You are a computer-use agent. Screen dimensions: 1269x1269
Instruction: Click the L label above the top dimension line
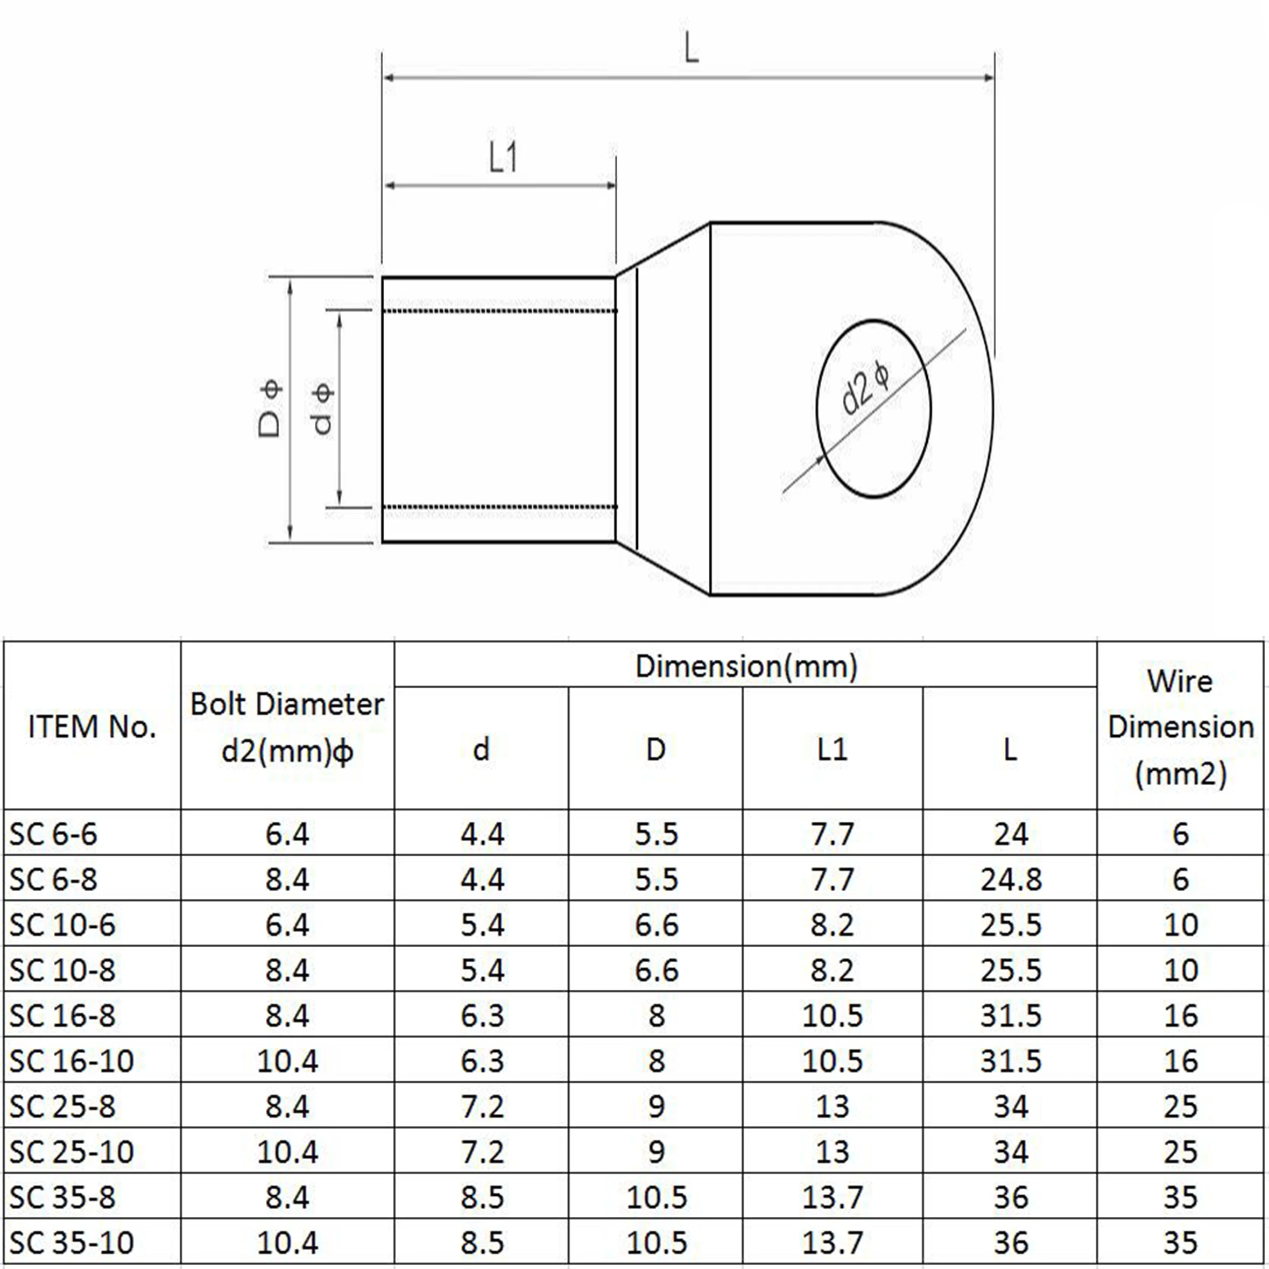coord(691,50)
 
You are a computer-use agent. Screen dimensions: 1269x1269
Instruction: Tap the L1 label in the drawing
coord(503,158)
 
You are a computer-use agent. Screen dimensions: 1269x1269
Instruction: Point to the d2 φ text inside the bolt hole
coord(866,390)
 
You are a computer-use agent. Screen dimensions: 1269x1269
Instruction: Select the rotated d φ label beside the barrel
coord(322,410)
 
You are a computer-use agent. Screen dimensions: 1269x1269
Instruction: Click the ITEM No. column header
coord(92,727)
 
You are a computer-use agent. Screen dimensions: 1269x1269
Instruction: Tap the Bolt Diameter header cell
coord(287,727)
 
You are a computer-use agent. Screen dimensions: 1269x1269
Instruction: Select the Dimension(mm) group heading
coord(746,666)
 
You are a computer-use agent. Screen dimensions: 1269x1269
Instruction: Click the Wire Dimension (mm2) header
coord(1180,727)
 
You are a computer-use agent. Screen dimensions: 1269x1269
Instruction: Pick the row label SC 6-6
coord(53,834)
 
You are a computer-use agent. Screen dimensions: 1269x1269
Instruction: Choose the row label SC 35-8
coord(62,1197)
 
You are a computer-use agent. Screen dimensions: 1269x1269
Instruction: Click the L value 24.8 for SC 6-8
coord(1011,879)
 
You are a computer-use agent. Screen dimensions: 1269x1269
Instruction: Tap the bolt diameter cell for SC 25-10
coord(287,1152)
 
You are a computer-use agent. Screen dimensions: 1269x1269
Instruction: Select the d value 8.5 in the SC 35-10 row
coord(482,1242)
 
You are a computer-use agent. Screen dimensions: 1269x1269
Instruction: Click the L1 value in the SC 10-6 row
coord(832,925)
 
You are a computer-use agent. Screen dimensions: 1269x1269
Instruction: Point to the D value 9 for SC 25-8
coord(656,1106)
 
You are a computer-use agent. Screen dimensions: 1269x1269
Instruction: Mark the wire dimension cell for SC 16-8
coord(1180,1016)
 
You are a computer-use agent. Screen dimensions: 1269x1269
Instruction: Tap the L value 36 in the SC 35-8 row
coord(1011,1197)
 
